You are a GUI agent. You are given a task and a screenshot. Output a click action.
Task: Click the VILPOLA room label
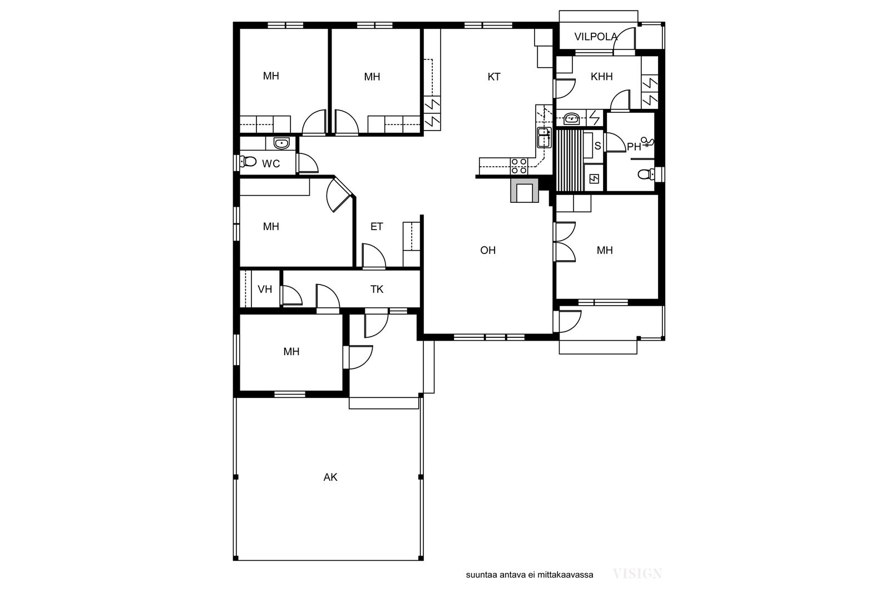(x=596, y=37)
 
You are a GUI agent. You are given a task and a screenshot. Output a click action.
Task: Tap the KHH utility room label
(x=601, y=77)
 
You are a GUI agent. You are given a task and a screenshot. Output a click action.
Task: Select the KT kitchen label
(x=494, y=77)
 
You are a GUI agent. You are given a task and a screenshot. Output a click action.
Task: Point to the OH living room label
(x=488, y=251)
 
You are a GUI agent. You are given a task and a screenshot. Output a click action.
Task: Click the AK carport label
(x=330, y=477)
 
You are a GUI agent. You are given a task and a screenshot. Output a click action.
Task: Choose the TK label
(x=377, y=290)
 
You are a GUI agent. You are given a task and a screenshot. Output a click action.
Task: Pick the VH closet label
(x=265, y=290)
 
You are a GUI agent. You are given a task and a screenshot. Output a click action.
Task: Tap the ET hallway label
(x=377, y=227)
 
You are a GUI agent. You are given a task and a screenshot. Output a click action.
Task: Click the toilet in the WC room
(x=248, y=162)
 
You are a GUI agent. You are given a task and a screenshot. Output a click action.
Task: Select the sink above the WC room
(x=281, y=143)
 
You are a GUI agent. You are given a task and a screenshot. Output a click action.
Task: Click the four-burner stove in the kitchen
(x=519, y=166)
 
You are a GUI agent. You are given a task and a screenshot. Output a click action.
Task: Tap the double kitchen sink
(x=544, y=137)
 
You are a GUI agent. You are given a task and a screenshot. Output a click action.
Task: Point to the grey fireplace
(x=524, y=191)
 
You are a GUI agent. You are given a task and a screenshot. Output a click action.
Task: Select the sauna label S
(x=597, y=146)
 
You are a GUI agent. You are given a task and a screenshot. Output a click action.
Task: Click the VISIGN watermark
(x=637, y=574)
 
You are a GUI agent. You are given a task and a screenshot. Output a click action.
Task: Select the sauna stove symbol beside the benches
(x=594, y=179)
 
